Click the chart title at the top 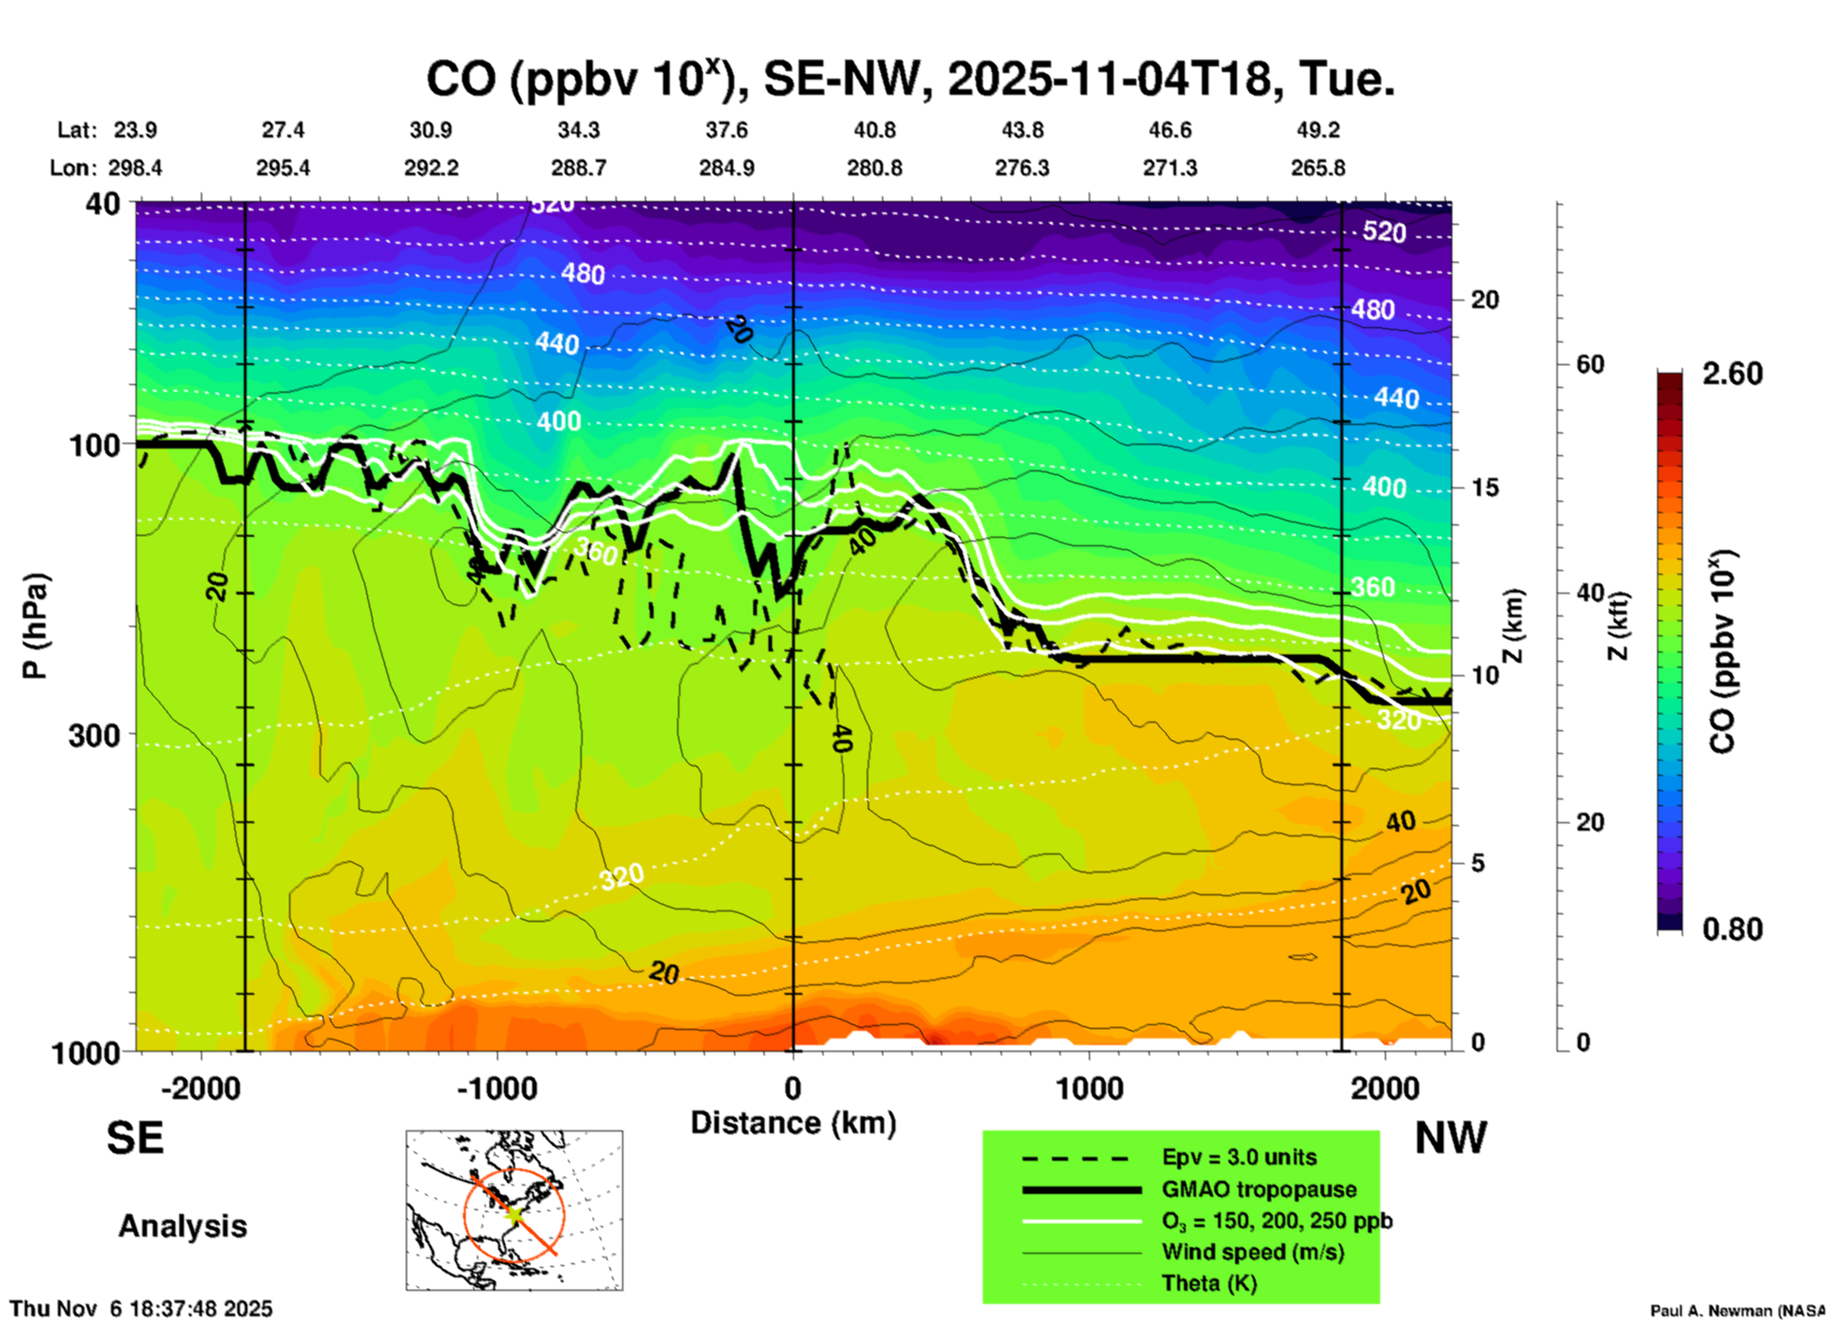coord(910,79)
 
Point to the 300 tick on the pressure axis coord(94,735)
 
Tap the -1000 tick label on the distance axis coord(496,1088)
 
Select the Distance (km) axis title coord(793,1123)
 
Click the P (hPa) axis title coord(34,626)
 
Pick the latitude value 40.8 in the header coord(874,130)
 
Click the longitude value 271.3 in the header coord(1170,168)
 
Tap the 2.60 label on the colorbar coord(1732,374)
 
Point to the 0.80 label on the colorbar coord(1732,929)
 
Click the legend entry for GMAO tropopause coord(1259,1189)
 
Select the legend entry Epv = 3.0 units coord(1239,1157)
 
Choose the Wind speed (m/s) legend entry coord(1252,1252)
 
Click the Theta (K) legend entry coord(1209,1283)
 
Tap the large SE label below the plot coord(135,1138)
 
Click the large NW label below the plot coord(1450,1138)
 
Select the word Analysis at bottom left coord(182,1226)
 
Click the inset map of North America coord(514,1210)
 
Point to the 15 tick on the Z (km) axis coord(1484,487)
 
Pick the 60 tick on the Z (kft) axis coord(1590,364)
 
